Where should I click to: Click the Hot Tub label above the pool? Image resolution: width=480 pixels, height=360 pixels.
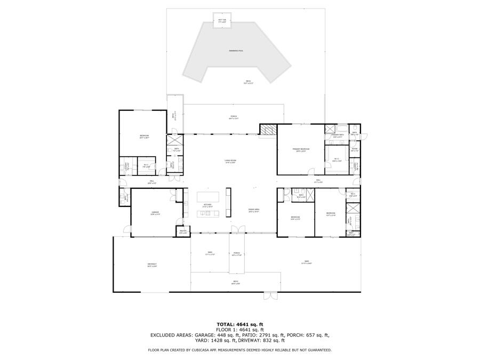222,20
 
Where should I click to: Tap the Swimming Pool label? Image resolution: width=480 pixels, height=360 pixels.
236,51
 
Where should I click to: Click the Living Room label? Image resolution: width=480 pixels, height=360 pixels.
230,161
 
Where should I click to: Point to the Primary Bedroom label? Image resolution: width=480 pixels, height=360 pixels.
301,149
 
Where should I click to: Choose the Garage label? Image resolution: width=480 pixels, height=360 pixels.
155,213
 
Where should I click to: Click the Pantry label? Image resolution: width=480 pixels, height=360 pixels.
183,232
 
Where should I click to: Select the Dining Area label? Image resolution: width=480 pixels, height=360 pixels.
253,210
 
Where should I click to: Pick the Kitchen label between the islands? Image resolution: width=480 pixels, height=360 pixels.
207,205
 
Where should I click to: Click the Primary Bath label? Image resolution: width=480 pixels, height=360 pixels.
337,135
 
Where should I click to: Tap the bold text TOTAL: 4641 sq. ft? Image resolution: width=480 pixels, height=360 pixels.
239,324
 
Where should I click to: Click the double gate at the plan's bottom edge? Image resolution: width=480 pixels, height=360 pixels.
270,294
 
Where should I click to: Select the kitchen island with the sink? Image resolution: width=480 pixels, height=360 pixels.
208,214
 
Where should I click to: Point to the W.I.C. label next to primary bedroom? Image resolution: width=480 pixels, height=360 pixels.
337,159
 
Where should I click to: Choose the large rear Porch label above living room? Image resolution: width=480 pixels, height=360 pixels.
234,117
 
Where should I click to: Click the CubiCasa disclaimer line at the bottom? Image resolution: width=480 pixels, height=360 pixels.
239,350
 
